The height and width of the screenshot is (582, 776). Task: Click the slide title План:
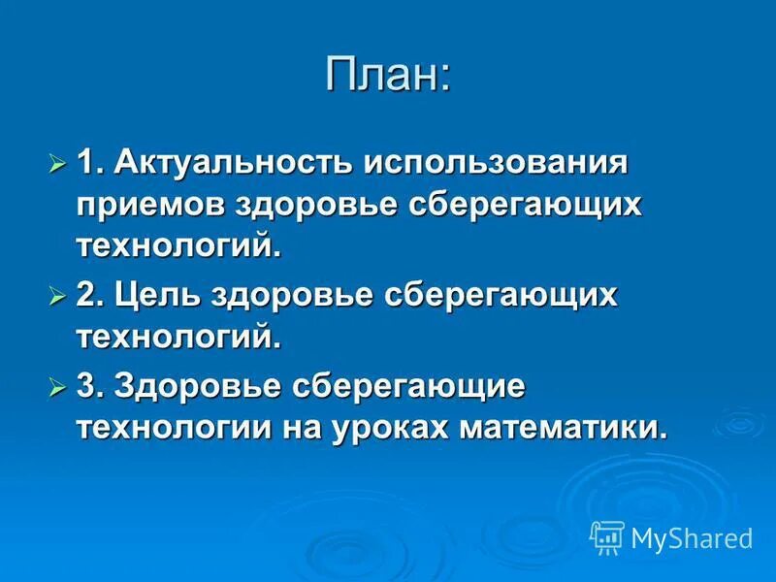[388, 75]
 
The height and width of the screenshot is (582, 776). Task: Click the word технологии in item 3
[166, 427]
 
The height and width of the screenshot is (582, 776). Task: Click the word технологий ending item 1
[178, 245]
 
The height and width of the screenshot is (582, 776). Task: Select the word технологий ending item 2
[178, 338]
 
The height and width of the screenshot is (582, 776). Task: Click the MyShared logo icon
[607, 536]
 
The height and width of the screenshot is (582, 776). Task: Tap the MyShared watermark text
[692, 537]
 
